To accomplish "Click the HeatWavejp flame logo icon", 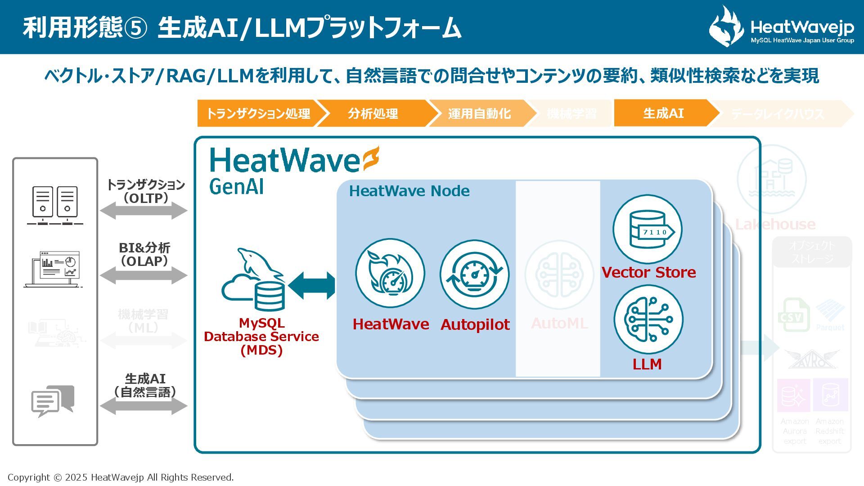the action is tap(726, 27).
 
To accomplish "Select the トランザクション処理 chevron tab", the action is tap(258, 113).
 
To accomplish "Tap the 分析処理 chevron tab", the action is tap(373, 113).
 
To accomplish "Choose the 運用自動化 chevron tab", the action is tap(479, 113).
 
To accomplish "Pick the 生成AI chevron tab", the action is tap(663, 113).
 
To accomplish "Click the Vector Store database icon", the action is tap(648, 229).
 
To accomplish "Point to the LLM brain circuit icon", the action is tap(648, 319).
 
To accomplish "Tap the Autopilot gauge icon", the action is tap(475, 274).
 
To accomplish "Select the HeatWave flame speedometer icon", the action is tap(390, 273).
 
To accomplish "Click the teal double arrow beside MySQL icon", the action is tap(312, 285).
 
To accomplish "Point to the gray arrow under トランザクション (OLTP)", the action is tap(144, 211).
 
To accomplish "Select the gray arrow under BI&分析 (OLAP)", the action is tap(144, 275).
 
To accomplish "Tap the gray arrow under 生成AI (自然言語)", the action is tap(144, 406).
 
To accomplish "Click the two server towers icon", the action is tap(55, 205).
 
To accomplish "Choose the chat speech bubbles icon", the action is tap(53, 400).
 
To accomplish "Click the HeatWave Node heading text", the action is tap(409, 191).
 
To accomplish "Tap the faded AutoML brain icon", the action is tap(559, 274).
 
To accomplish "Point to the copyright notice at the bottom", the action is tap(121, 477).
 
